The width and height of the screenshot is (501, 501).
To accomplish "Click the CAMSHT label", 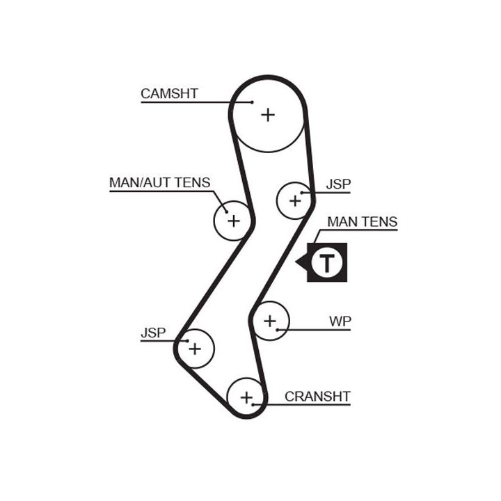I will point(169,93).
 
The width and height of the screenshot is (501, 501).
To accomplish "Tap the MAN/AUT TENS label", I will point(159,182).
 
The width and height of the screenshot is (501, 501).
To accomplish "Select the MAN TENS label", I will point(362,222).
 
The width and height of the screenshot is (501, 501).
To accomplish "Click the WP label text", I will point(340,321).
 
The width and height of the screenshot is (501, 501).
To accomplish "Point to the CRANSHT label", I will point(317,397).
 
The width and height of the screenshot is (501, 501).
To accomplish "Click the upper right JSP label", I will point(338,184).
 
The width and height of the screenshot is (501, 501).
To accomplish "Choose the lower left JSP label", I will point(153,333).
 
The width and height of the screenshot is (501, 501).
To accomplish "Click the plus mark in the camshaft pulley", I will point(268,115).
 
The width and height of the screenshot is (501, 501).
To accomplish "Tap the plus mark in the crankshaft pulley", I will point(246,397).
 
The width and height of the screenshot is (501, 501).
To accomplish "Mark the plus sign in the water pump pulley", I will point(270,321).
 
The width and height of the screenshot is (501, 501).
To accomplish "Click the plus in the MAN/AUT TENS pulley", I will point(233,221).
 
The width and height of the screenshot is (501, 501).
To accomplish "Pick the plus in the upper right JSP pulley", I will point(295,201).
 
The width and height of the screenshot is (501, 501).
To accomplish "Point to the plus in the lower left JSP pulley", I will point(195,348).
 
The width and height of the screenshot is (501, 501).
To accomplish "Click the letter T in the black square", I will point(326,263).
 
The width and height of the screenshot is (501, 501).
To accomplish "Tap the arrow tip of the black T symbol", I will point(296,263).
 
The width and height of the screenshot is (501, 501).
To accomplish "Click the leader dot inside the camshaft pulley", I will point(252,103).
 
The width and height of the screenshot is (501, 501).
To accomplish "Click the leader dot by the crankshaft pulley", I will point(255,404).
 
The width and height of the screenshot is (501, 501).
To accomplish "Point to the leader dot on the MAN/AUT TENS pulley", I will point(226,212).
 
